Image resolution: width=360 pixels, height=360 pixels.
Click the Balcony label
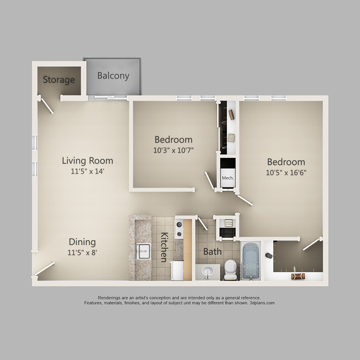[113, 76]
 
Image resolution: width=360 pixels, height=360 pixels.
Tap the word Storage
[59, 80]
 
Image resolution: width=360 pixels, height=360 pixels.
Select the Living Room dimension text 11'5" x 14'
[87, 171]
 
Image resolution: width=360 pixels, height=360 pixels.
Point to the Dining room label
[82, 242]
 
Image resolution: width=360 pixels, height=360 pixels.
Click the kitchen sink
[144, 251]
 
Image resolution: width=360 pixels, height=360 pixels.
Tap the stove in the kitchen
[179, 229]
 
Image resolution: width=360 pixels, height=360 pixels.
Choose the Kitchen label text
[164, 247]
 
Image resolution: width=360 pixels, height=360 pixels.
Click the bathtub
[251, 261]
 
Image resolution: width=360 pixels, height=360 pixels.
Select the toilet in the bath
[230, 270]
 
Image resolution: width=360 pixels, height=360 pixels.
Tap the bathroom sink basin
[207, 271]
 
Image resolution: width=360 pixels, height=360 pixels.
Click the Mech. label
[228, 178]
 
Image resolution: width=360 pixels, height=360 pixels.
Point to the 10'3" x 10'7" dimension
[174, 150]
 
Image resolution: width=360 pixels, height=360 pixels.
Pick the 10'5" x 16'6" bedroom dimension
[286, 173]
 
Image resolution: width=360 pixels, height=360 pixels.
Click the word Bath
[212, 252]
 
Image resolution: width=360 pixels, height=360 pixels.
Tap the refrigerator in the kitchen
[177, 270]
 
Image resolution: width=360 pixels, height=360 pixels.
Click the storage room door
[47, 105]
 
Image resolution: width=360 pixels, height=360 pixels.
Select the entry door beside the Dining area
[45, 269]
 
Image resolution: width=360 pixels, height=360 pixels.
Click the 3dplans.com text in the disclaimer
[262, 303]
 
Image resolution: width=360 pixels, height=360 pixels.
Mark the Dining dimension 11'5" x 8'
[82, 253]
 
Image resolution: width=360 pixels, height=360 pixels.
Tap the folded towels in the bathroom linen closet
[229, 223]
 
